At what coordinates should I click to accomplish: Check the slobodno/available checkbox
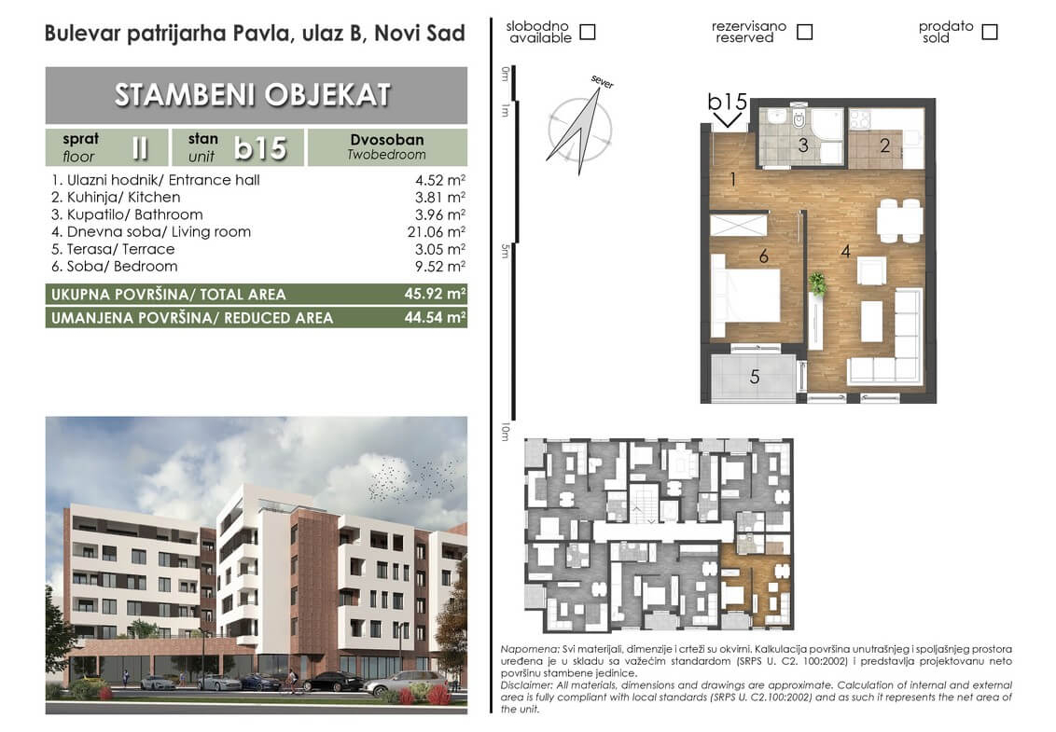(588, 32)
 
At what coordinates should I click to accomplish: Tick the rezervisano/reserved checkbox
(805, 32)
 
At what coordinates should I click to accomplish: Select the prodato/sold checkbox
(990, 32)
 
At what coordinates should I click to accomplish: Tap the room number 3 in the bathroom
(803, 145)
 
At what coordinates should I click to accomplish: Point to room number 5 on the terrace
(755, 377)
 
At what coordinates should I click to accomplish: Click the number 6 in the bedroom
(764, 256)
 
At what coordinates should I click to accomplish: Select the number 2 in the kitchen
(885, 145)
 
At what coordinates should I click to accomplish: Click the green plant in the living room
(817, 283)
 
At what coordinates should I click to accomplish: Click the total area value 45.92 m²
(435, 294)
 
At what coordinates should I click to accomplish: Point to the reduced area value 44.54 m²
(435, 317)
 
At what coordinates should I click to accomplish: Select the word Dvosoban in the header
(386, 139)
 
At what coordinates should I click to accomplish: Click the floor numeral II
(139, 147)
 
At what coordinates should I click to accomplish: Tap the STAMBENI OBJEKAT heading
(253, 95)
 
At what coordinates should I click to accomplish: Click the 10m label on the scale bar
(505, 433)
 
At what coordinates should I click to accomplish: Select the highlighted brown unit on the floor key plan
(756, 584)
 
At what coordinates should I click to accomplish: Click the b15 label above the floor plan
(728, 102)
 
